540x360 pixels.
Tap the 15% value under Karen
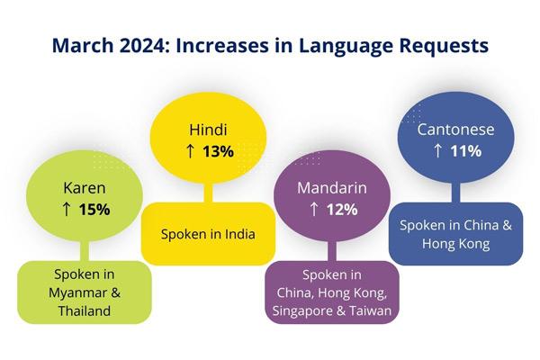click(94, 210)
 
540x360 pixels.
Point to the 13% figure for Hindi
click(218, 151)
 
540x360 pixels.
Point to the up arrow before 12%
click(314, 210)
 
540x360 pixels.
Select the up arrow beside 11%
click(438, 151)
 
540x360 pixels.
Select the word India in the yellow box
click(238, 234)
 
